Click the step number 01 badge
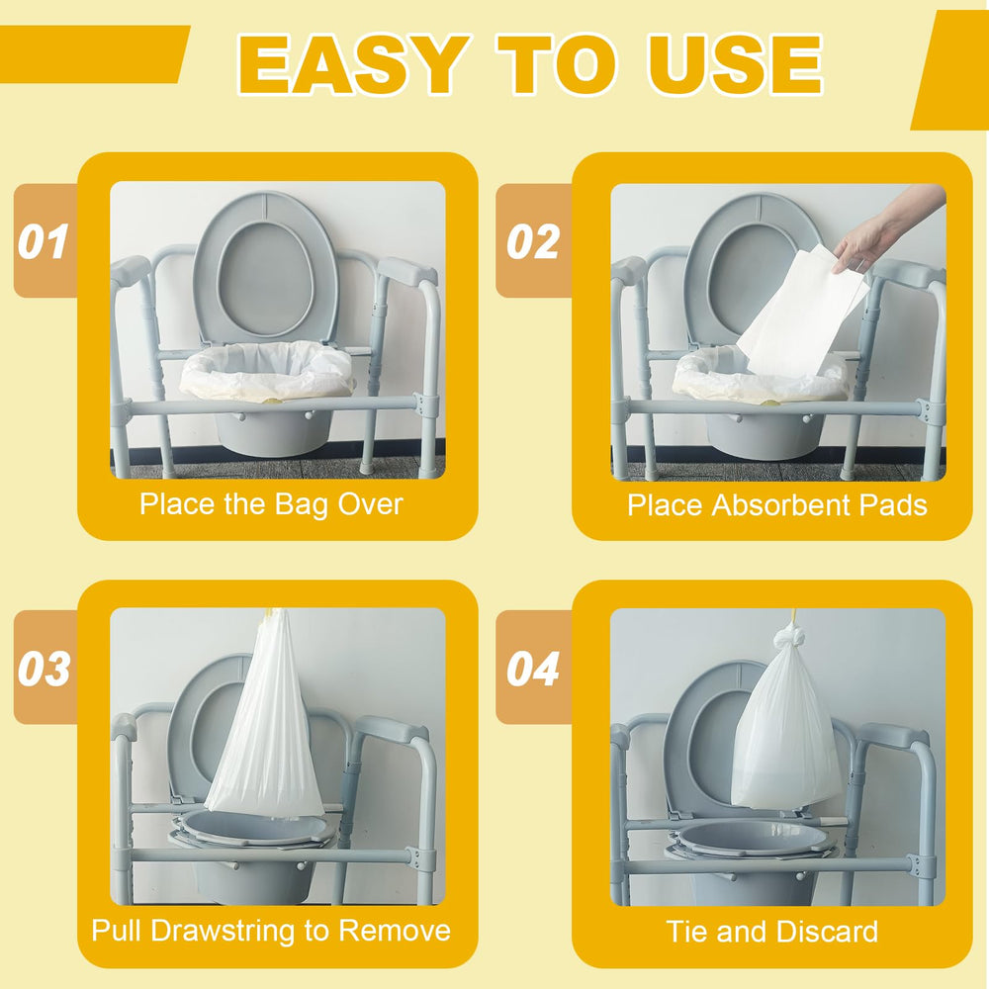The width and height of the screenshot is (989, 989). pyautogui.click(x=43, y=242)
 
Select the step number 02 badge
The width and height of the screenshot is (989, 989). pyautogui.click(x=533, y=242)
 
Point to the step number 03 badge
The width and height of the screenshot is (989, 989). pyautogui.click(x=44, y=669)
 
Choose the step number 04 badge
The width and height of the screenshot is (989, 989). pyautogui.click(x=533, y=669)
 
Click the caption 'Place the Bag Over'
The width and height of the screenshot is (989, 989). pyautogui.click(x=271, y=504)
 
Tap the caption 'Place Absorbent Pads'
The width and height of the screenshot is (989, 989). pyautogui.click(x=777, y=505)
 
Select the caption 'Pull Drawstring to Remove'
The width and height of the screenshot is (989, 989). pyautogui.click(x=271, y=931)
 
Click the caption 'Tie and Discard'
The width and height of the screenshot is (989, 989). pyautogui.click(x=772, y=932)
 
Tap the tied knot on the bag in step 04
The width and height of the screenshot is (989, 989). pyautogui.click(x=791, y=637)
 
